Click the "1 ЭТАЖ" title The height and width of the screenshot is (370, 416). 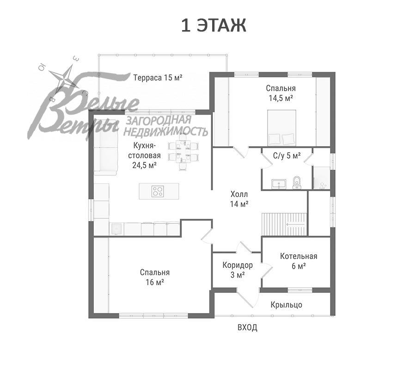(x=214, y=26)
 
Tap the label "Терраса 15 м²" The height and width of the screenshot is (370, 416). (x=158, y=78)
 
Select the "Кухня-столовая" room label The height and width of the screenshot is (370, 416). (x=144, y=150)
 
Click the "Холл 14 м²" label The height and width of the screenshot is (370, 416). (x=239, y=199)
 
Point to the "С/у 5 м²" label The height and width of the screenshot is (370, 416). (x=287, y=156)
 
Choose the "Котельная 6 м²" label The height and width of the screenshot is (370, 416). (x=299, y=261)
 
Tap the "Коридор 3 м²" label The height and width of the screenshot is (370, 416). (x=238, y=270)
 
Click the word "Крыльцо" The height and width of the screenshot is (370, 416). (x=286, y=305)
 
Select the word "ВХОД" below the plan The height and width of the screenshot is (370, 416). (x=247, y=327)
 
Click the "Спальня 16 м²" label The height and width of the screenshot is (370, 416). (x=155, y=277)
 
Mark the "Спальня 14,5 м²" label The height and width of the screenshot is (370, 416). (x=281, y=93)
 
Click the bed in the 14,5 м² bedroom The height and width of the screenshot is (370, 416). (x=281, y=128)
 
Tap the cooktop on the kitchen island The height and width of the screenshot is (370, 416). (x=158, y=191)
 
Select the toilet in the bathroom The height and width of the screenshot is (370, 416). (x=297, y=183)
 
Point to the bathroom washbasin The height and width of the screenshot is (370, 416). (x=279, y=184)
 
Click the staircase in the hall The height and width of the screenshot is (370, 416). (x=284, y=224)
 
